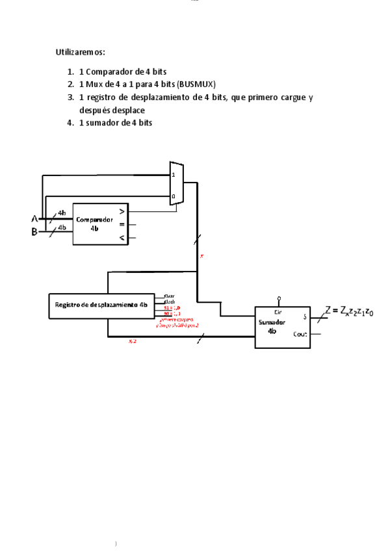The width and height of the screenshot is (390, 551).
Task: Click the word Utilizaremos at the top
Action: click(x=81, y=51)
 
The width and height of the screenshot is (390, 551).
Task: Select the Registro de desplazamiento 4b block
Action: click(x=101, y=305)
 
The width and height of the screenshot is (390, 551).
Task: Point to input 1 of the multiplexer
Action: click(x=173, y=175)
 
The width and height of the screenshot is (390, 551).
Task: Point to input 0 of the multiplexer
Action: click(x=173, y=196)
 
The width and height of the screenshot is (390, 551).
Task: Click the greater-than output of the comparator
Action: click(x=121, y=211)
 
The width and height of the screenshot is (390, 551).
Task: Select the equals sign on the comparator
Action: click(x=121, y=225)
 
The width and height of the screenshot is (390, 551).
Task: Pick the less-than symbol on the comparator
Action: click(x=121, y=239)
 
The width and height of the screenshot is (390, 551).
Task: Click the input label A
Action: click(x=35, y=218)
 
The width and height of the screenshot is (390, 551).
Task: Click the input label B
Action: click(x=35, y=232)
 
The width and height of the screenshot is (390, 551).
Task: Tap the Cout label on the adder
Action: click(x=300, y=334)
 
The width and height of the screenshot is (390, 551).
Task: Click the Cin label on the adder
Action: click(x=278, y=311)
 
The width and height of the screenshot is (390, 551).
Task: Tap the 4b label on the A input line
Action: click(x=62, y=213)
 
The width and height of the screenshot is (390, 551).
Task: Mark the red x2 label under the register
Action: click(x=133, y=340)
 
